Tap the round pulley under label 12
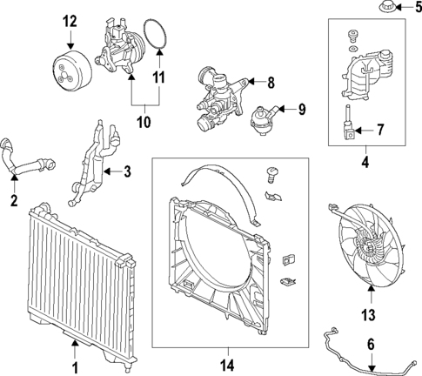click(x=70, y=66)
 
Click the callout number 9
click(x=303, y=110)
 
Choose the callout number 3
click(x=127, y=172)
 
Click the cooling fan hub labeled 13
click(x=371, y=248)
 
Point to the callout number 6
click(x=371, y=346)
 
